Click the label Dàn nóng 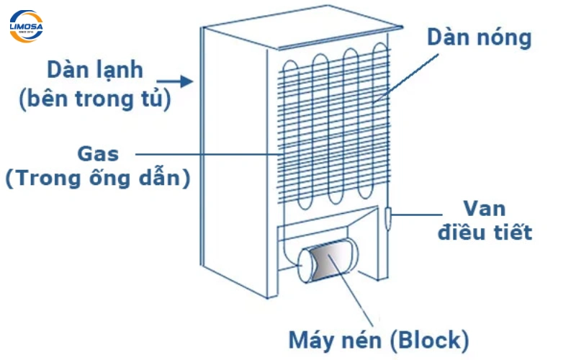tap(479, 37)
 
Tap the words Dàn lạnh tap(95, 71)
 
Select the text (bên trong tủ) tap(95, 99)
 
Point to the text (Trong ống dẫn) tap(97, 178)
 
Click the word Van tap(485, 209)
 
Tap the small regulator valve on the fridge tap(389, 217)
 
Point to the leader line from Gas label tap(209, 153)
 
